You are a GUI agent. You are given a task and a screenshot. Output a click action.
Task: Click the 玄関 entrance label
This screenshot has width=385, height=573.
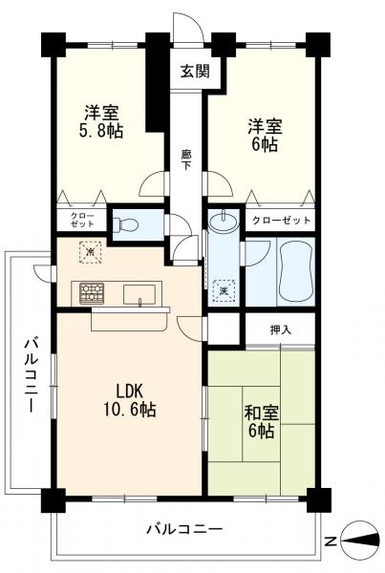point(195,71)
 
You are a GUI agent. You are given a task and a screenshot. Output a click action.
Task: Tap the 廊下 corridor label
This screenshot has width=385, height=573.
point(186,159)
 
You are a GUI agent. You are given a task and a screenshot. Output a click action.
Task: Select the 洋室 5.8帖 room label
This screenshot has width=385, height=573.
point(101,121)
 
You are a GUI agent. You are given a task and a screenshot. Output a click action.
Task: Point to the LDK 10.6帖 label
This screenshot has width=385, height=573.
point(130,400)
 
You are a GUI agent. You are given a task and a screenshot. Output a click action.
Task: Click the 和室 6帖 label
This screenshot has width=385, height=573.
point(262,422)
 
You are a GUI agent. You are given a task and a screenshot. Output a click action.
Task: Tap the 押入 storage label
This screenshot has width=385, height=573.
point(281,330)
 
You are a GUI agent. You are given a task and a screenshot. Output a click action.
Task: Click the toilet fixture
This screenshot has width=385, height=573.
point(125,224)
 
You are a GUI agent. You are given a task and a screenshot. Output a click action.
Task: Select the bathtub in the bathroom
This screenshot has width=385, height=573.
point(296,270)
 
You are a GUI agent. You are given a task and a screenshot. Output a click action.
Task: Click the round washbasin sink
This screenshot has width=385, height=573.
point(224,221)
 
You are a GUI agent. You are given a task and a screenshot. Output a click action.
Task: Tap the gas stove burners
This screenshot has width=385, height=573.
point(92,293)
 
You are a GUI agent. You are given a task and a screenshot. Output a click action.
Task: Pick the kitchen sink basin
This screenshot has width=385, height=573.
point(139,294)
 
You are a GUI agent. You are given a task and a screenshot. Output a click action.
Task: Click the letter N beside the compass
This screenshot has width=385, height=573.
point(331,541)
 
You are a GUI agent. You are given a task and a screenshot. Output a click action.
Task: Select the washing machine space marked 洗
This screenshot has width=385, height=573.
point(224,291)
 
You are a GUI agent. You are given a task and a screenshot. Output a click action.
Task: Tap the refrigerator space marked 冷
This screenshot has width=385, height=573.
point(91,251)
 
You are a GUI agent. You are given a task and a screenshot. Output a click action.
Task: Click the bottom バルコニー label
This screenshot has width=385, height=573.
point(184,528)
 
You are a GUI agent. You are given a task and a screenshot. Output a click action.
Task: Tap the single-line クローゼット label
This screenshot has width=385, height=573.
point(281,221)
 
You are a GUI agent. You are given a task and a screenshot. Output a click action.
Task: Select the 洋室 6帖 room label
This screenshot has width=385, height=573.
point(265,136)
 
